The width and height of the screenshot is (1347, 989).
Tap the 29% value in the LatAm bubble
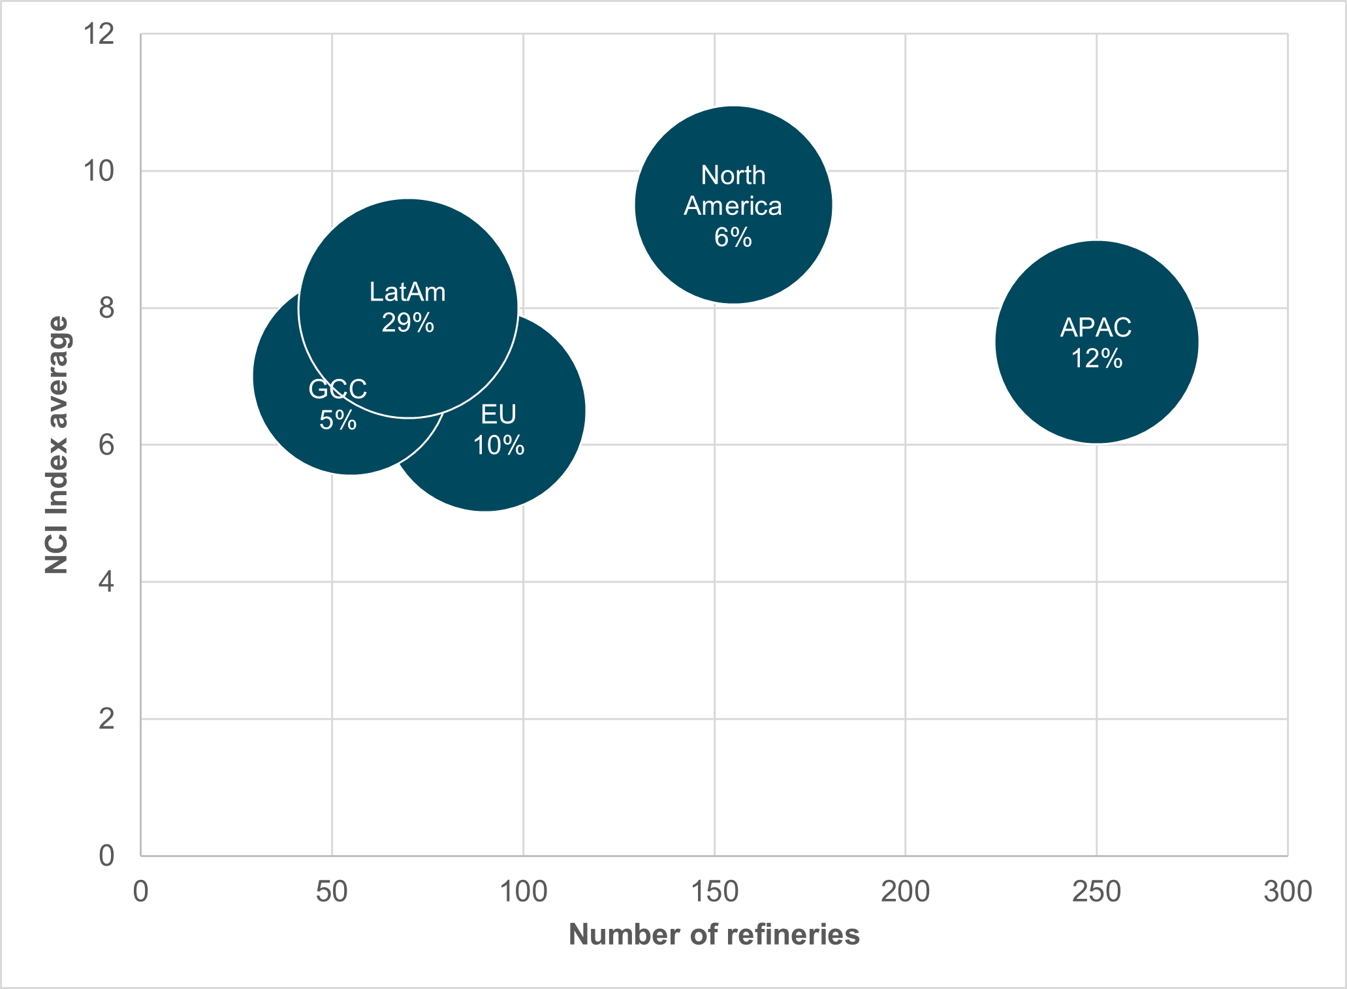[408, 323]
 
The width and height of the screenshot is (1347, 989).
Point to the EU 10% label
[499, 430]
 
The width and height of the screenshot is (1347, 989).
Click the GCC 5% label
[338, 405]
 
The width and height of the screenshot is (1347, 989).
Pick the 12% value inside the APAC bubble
[1097, 359]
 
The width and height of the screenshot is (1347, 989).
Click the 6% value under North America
[733, 237]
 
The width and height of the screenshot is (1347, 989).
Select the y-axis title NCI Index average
[57, 445]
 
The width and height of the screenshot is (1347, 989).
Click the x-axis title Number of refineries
[714, 935]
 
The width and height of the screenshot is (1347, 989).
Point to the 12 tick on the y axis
[99, 34]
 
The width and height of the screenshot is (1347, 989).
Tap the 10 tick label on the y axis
[99, 171]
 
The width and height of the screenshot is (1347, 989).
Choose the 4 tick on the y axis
[106, 582]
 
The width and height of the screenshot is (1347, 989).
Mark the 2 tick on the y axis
[106, 719]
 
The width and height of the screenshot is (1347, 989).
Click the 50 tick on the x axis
[332, 892]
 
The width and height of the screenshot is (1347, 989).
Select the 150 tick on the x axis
[714, 892]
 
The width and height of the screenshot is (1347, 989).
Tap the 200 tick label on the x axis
[906, 892]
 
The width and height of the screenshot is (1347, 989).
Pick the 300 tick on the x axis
[1288, 892]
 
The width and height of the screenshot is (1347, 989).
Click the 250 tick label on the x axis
[1097, 892]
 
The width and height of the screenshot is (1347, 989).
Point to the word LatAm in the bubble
[407, 292]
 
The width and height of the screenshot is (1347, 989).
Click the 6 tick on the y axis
[106, 445]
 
